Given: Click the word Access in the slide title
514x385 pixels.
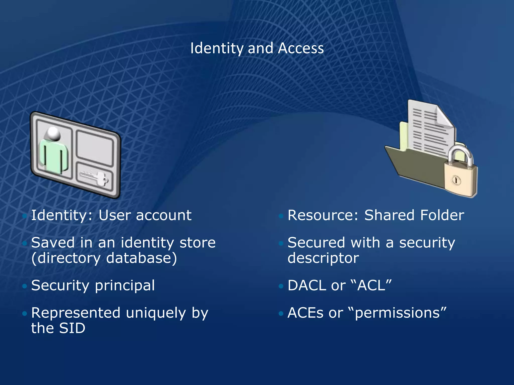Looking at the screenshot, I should pyautogui.click(x=301, y=48).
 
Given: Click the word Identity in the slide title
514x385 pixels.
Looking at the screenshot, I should pyautogui.click(x=217, y=48).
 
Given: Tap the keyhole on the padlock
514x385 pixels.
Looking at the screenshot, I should pyautogui.click(x=456, y=180).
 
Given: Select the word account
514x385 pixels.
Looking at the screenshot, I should pyautogui.click(x=164, y=215).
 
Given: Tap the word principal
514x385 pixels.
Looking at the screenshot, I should pyautogui.click(x=125, y=285).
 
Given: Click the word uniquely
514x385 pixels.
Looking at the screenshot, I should pyautogui.click(x=156, y=313).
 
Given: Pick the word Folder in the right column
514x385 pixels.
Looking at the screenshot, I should pyautogui.click(x=442, y=215).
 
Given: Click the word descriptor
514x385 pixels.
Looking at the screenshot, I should pyautogui.click(x=323, y=258).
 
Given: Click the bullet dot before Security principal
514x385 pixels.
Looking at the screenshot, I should pyautogui.click(x=25, y=286).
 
